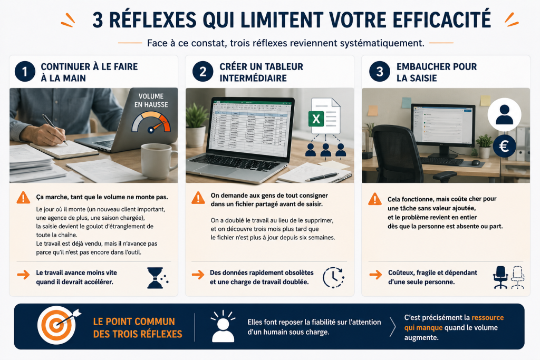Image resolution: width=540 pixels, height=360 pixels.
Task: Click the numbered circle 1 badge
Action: pyautogui.click(x=25, y=72)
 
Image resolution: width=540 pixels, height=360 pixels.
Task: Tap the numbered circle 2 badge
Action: pyautogui.click(x=203, y=72)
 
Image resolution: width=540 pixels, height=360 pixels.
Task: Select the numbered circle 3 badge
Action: pyautogui.click(x=380, y=72)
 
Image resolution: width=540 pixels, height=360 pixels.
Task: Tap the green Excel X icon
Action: pyautogui.click(x=316, y=119)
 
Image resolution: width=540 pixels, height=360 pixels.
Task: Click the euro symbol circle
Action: pyautogui.click(x=504, y=147)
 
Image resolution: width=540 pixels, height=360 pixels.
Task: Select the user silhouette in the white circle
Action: pyautogui.click(x=504, y=114)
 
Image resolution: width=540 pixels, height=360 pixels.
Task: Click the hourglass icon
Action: pyautogui.click(x=157, y=278)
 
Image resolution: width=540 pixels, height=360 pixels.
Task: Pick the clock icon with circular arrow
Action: pyautogui.click(x=333, y=277)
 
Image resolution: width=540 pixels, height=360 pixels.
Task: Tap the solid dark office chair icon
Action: pyautogui.click(x=500, y=277)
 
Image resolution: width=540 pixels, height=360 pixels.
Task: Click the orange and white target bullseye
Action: pyautogui.click(x=56, y=325)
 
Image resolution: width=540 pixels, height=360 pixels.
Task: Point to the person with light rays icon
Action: pyautogui.click(x=223, y=326)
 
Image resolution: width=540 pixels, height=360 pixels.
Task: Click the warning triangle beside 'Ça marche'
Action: pyautogui.click(x=23, y=198)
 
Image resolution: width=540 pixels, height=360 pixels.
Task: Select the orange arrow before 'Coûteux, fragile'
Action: pyautogui.click(x=375, y=274)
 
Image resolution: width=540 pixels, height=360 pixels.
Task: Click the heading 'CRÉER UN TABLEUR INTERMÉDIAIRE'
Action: pyautogui.click(x=262, y=72)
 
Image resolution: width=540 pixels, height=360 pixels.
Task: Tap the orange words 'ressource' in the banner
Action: pyautogui.click(x=488, y=317)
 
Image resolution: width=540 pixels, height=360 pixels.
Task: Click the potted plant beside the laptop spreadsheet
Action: pyautogui.click(x=196, y=125)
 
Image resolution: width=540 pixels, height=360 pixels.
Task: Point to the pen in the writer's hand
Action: pyautogui.click(x=54, y=129)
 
